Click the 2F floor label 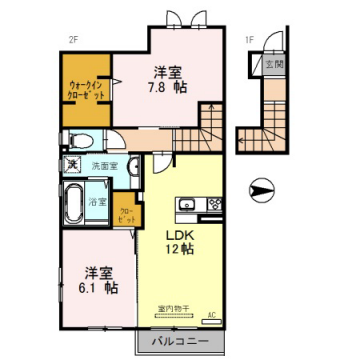point(73,40)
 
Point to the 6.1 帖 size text point(95,286)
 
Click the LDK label point(179,237)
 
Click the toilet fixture point(80,140)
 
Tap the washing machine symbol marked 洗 point(73,163)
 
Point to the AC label point(211,316)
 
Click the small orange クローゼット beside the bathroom point(127,214)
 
